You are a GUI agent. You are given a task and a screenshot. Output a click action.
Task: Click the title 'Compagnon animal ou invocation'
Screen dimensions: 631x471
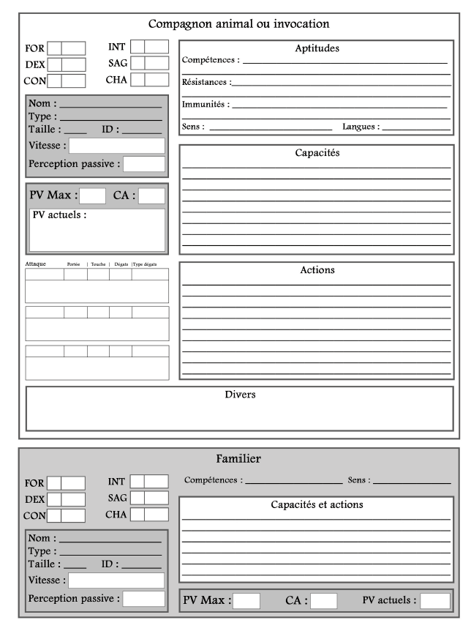(x=238, y=24)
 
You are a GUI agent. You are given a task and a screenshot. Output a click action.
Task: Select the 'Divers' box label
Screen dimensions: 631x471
(x=239, y=395)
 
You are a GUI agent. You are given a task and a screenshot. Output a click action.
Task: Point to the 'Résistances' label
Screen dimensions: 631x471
(x=206, y=83)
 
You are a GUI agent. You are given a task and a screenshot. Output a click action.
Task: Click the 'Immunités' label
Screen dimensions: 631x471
(x=205, y=105)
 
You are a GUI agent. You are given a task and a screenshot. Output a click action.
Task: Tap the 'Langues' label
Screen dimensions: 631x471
(x=361, y=127)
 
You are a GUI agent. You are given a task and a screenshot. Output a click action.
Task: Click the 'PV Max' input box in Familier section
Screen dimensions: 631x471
(x=246, y=601)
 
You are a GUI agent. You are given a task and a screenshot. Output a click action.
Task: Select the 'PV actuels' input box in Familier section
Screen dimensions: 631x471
(x=434, y=601)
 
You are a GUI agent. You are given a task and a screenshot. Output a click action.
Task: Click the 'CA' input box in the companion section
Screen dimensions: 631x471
(x=151, y=195)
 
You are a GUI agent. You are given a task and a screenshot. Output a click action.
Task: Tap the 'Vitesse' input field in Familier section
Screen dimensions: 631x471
(x=116, y=580)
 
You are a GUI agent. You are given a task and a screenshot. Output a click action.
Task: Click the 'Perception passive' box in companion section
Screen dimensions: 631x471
(x=144, y=164)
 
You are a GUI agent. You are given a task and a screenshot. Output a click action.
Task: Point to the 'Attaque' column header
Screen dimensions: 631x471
(x=36, y=264)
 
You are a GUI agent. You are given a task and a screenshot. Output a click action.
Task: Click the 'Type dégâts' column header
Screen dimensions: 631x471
(x=145, y=264)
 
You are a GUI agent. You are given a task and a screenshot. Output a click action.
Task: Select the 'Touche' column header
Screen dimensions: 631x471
(x=99, y=264)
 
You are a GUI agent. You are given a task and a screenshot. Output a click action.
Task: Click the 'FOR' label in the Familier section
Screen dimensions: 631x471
(x=34, y=483)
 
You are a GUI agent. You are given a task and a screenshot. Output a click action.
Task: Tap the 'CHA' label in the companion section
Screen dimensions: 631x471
(x=117, y=79)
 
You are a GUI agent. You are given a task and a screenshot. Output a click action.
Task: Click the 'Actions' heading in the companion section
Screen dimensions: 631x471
(x=317, y=270)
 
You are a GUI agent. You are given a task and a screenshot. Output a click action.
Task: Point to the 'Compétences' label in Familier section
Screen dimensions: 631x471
(x=212, y=480)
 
